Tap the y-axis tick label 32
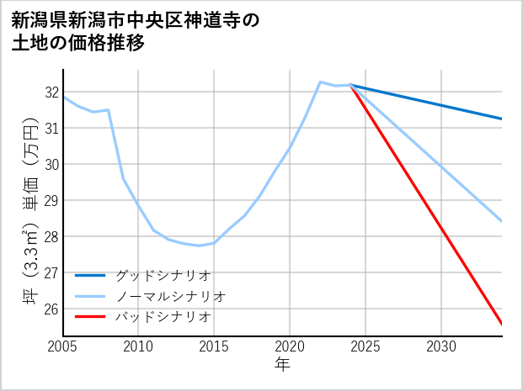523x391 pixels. (51, 92)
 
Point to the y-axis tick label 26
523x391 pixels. (51, 309)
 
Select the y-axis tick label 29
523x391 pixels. (51, 201)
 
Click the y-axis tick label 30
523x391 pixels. (51, 165)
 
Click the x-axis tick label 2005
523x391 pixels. (63, 346)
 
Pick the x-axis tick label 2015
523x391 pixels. (214, 346)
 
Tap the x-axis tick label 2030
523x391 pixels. (441, 346)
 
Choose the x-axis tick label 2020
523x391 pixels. (290, 346)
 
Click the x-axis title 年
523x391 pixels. (282, 365)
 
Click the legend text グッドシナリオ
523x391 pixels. (162, 275)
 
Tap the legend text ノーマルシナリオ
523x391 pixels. (169, 296)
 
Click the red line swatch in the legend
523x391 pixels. (90, 317)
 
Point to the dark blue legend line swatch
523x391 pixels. (90, 276)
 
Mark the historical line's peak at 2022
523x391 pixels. (320, 82)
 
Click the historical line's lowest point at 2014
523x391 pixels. (199, 246)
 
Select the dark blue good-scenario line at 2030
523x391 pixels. (441, 105)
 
